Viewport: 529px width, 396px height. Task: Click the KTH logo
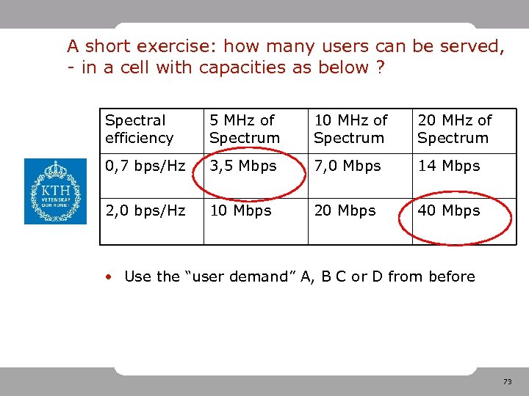point(55,191)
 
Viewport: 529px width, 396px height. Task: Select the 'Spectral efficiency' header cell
point(140,129)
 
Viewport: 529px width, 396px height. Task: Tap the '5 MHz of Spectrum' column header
point(245,129)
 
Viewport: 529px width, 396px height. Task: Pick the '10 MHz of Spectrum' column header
point(350,129)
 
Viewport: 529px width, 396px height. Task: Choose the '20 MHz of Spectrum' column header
point(454,129)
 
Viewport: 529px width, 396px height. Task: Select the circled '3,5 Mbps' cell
point(243,166)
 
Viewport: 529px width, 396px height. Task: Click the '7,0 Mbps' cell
point(348,166)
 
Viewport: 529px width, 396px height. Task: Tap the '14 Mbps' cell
point(448,166)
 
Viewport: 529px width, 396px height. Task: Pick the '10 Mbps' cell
point(240,210)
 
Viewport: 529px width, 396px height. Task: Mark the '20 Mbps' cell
point(345,210)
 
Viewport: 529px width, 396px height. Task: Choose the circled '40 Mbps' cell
point(449,210)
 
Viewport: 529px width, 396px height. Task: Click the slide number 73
point(507,382)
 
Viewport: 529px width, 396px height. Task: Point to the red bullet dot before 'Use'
point(108,277)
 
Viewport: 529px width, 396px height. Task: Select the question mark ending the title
point(381,68)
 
